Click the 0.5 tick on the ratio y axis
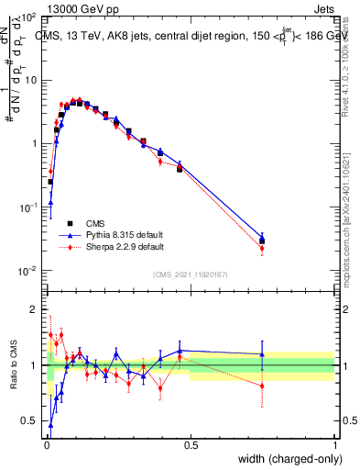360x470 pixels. pos(30,421)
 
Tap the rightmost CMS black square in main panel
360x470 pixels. pos(262,241)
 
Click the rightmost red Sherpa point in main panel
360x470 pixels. pos(262,248)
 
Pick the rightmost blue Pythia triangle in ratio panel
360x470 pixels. pos(262,354)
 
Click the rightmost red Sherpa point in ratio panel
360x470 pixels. pos(262,386)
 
